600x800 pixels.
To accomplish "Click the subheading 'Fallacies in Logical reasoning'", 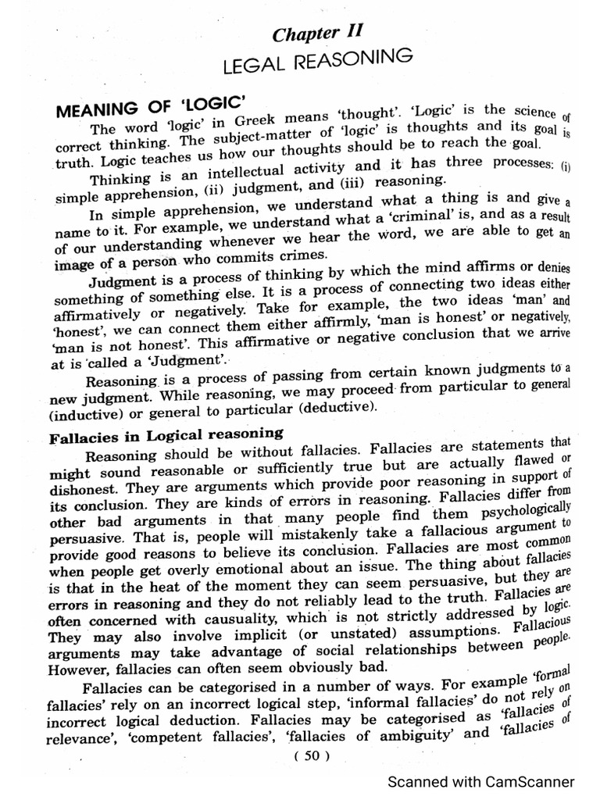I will click(166, 435).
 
